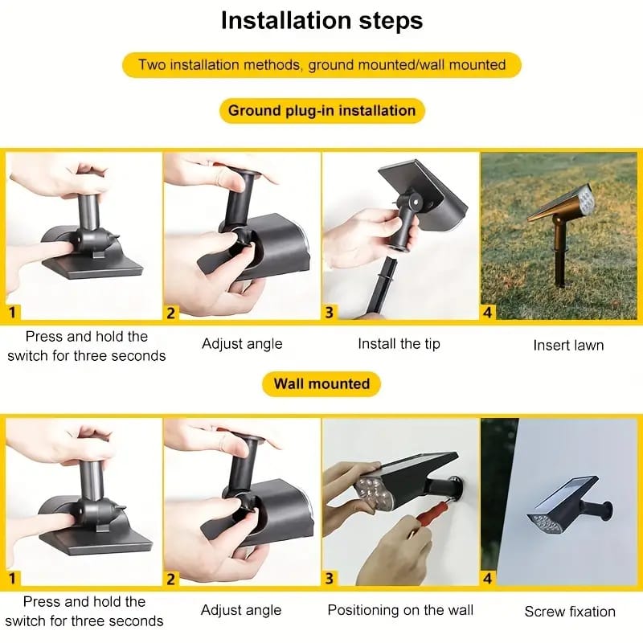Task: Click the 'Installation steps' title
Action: click(322, 21)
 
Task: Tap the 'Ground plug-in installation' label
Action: click(322, 111)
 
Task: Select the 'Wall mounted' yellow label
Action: click(321, 384)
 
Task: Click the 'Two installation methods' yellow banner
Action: click(322, 65)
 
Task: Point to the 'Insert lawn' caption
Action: click(568, 346)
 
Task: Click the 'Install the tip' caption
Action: click(399, 344)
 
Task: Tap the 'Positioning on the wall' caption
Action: click(400, 610)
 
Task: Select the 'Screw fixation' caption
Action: click(570, 612)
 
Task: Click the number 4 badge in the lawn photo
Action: click(487, 313)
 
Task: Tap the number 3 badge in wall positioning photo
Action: click(330, 579)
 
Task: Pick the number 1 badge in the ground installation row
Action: click(12, 313)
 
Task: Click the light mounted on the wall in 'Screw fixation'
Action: click(569, 508)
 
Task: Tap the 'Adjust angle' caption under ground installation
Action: click(242, 344)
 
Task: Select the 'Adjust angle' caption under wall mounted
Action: click(241, 610)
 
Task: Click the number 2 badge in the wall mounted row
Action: click(171, 579)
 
